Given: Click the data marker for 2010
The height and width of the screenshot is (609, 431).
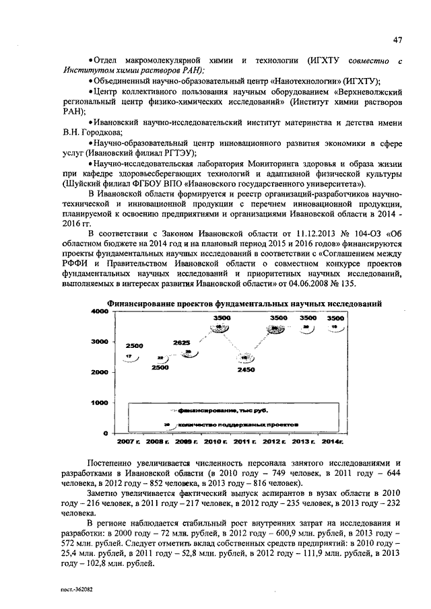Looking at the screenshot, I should pyautogui.click(x=219, y=328).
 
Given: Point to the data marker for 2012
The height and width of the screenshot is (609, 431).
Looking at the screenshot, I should pyautogui.click(x=277, y=328).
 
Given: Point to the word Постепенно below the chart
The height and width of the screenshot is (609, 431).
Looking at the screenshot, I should pyautogui.click(x=115, y=463).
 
